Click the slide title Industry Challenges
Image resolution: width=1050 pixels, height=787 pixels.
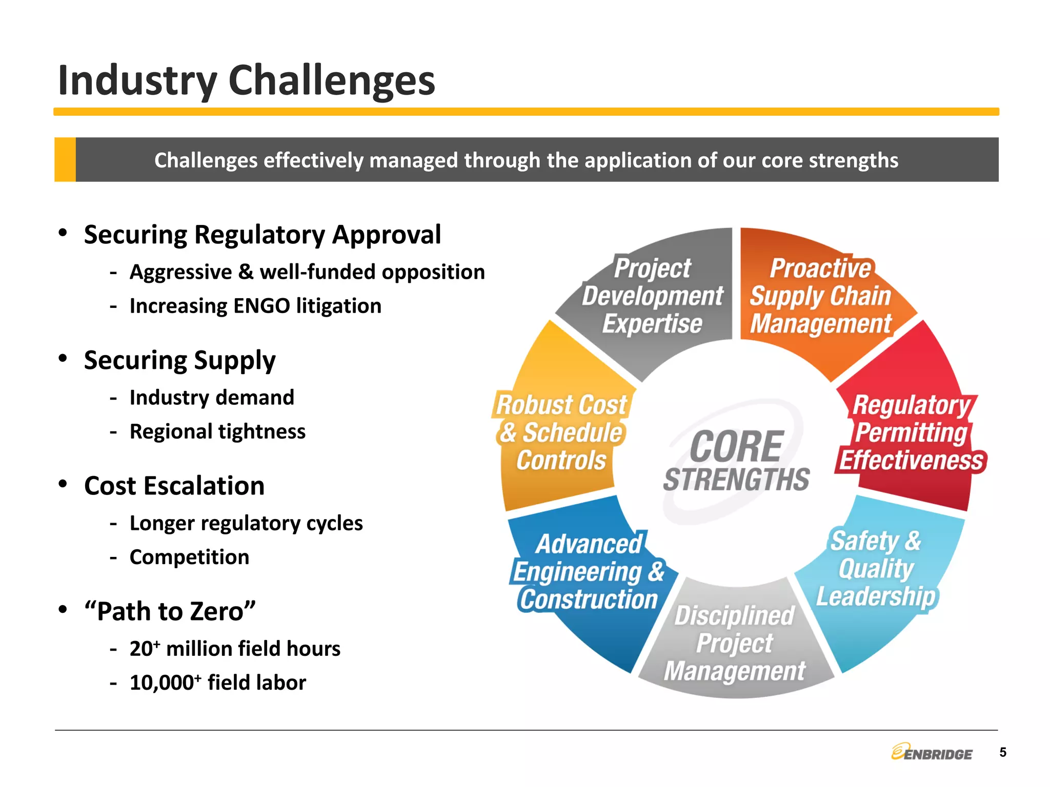[246, 80]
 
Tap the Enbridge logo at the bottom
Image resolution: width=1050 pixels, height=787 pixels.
[932, 753]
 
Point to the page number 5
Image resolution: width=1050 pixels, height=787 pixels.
[1003, 752]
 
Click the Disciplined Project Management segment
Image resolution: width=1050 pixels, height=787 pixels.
[735, 643]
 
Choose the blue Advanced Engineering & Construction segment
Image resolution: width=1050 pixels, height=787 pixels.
[589, 573]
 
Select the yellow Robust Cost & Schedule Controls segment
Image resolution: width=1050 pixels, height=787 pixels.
[561, 433]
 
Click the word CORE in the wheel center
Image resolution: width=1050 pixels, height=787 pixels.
[736, 447]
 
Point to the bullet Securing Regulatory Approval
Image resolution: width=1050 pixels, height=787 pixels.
[262, 235]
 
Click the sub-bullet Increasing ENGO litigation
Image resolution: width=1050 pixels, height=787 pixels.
[255, 306]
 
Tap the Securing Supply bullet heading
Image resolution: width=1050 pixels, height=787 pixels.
[179, 360]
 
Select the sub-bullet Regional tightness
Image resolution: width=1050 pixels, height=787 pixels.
[217, 431]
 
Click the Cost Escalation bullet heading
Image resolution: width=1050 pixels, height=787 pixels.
[174, 486]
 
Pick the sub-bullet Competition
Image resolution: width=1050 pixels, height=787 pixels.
[189, 557]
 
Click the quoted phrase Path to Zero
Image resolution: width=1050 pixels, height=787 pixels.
[170, 611]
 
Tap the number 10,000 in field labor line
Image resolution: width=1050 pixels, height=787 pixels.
[161, 683]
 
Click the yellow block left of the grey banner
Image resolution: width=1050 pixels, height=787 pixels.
[65, 159]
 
